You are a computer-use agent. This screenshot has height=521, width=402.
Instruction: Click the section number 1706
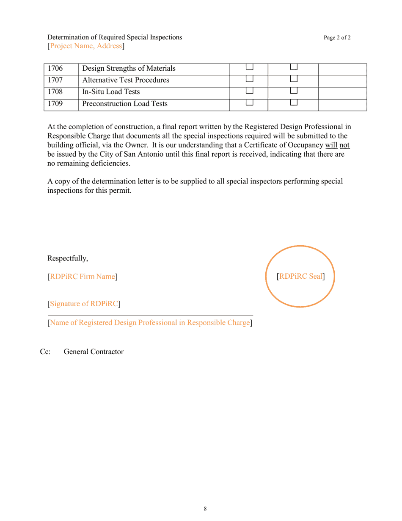52,68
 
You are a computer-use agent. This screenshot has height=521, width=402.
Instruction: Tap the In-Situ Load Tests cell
111,92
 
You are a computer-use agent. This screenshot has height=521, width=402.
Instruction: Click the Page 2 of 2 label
337,38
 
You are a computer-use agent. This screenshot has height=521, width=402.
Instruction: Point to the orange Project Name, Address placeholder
86,46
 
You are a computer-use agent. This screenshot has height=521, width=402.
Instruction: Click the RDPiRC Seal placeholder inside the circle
300,277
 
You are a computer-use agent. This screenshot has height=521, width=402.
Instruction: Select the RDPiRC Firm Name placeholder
83,277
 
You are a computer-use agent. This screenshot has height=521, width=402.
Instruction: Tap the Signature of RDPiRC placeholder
84,304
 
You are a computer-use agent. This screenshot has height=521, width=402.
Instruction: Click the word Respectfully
68,258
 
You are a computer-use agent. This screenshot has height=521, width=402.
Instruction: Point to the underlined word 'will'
331,145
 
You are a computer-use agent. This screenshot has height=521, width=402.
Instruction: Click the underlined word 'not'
344,145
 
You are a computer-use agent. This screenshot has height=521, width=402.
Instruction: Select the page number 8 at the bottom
205,509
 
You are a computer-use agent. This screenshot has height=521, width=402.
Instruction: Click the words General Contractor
94,352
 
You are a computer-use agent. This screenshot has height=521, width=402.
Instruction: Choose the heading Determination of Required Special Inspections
115,37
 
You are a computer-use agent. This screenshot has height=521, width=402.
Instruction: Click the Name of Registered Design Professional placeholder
150,323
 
